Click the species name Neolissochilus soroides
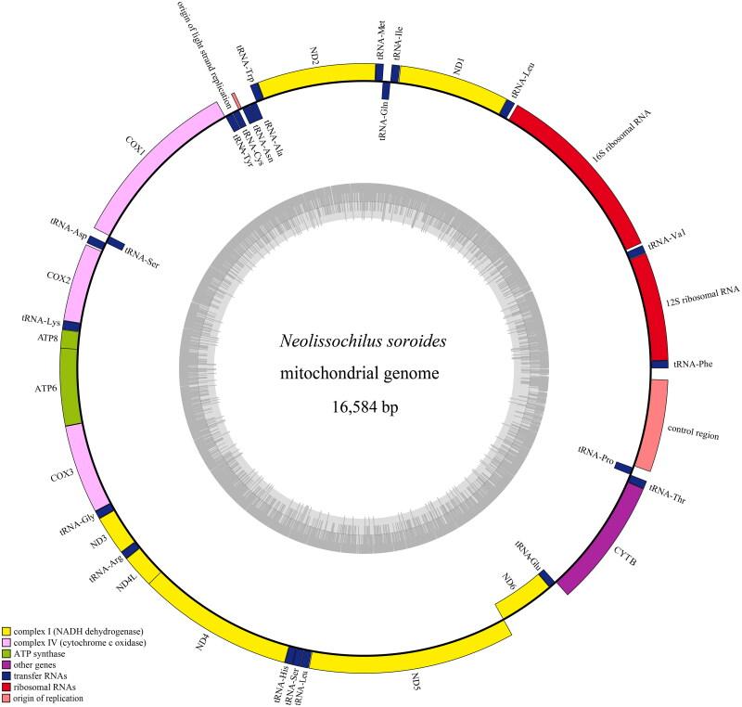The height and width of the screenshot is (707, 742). click(x=369, y=342)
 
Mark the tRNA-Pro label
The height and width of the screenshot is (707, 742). click(x=595, y=452)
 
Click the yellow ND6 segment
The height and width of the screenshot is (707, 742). click(x=519, y=594)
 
